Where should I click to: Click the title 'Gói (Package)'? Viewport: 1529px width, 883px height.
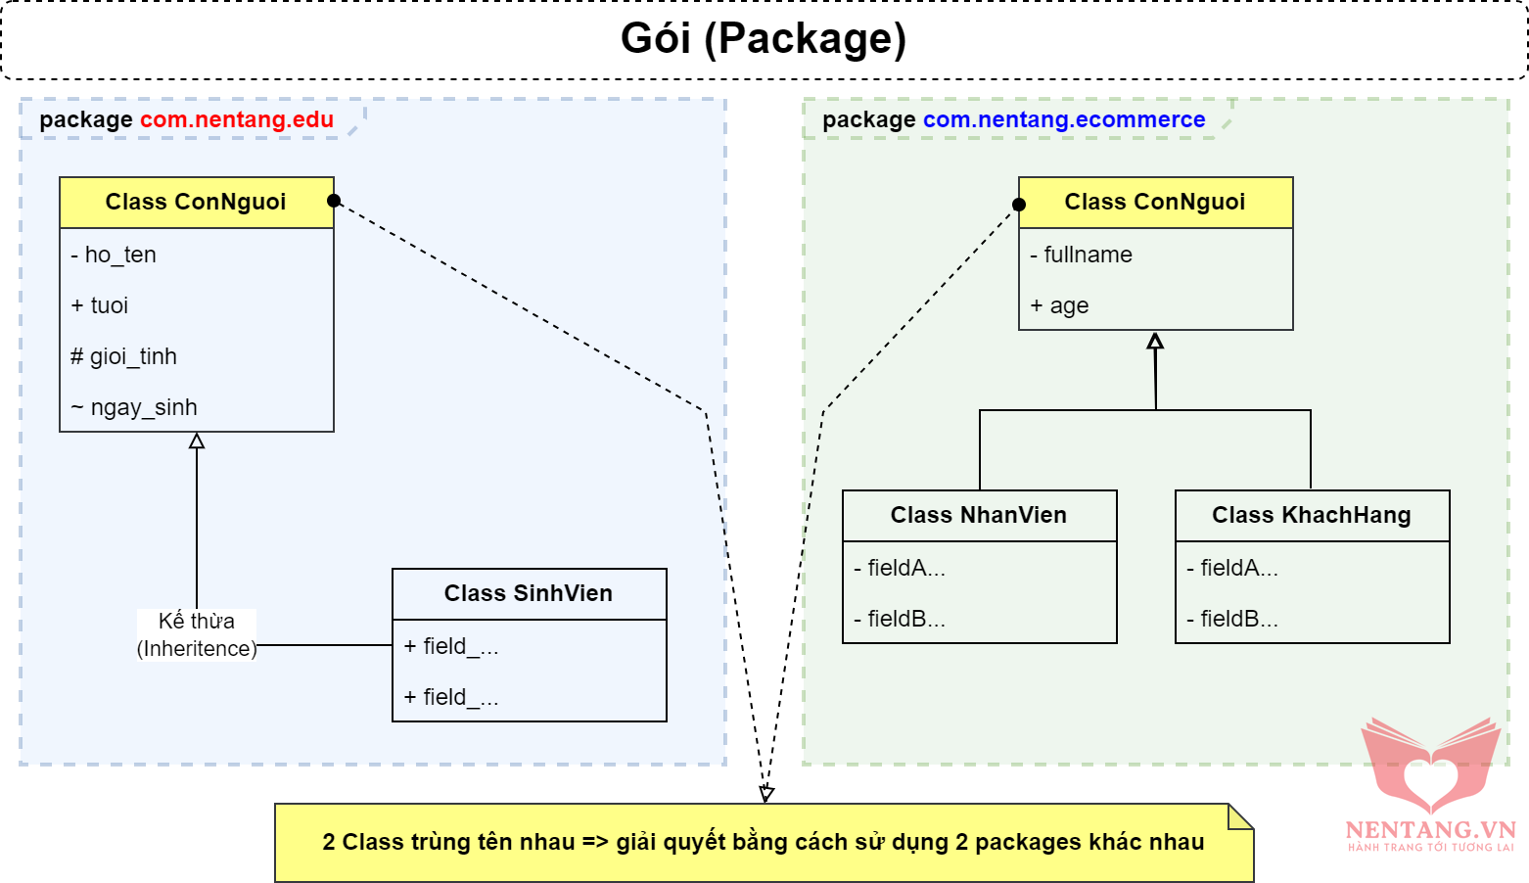point(764,39)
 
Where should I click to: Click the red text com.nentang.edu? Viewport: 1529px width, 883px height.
point(237,119)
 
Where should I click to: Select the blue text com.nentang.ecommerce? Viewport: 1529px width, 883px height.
point(1064,119)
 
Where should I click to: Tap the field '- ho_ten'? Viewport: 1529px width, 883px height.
point(114,255)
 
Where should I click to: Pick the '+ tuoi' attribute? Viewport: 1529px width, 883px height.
point(100,305)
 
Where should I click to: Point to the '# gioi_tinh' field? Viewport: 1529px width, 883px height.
point(124,356)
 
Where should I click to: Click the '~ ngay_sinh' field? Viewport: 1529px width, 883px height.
point(134,407)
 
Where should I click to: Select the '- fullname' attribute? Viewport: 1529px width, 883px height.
point(1082,255)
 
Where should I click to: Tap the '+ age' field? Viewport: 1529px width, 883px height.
point(1060,305)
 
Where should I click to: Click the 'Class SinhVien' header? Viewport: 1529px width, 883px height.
point(529,593)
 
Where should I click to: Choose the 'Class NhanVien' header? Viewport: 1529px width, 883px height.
point(979,515)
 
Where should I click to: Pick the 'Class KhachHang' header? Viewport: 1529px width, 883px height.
point(1312,515)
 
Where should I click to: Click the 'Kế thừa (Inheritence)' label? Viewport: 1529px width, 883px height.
point(197,634)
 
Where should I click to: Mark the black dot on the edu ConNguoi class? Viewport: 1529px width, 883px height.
point(334,201)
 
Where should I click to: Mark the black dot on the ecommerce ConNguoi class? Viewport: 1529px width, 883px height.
point(1019,205)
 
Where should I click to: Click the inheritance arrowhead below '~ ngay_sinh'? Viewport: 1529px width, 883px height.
point(197,441)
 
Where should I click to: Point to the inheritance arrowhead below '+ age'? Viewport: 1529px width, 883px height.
point(1155,341)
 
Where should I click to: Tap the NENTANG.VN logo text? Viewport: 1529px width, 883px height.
point(1430,830)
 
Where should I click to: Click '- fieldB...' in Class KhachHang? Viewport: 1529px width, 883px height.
point(1233,619)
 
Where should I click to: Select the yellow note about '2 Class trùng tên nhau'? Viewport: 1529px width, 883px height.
point(764,842)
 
